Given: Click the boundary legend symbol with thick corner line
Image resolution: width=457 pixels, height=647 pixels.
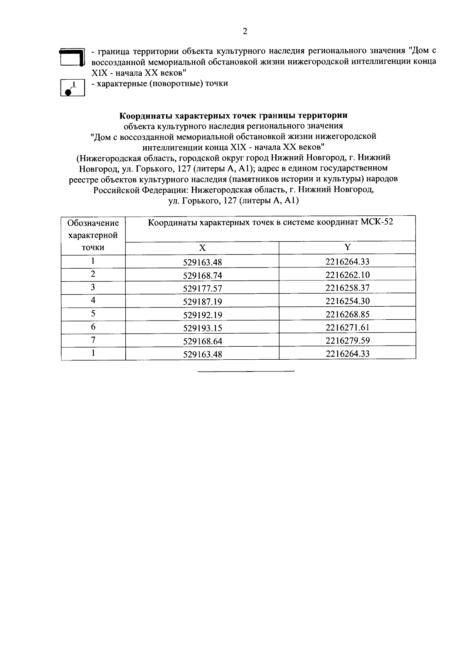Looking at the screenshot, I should click(x=72, y=57).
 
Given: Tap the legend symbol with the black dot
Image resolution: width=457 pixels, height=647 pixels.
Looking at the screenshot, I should click(x=72, y=88).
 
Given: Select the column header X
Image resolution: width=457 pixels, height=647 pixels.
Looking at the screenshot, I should click(x=202, y=248).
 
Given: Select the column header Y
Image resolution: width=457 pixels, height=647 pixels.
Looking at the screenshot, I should click(x=347, y=247).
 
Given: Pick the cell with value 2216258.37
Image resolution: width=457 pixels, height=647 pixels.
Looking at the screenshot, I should click(x=347, y=288).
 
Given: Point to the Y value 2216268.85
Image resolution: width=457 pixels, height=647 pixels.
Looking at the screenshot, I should click(x=347, y=314).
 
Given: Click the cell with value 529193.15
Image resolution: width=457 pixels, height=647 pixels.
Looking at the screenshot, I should click(x=202, y=328).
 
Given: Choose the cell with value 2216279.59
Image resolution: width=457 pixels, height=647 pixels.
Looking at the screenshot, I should click(x=347, y=340).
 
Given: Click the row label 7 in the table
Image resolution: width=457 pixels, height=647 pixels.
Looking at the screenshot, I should click(x=93, y=340).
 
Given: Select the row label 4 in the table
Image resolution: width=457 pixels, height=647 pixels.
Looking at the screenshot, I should click(x=93, y=301).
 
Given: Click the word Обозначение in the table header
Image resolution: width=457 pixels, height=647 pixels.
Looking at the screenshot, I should click(x=93, y=223).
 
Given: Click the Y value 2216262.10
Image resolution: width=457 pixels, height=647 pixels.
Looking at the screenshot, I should click(x=347, y=275).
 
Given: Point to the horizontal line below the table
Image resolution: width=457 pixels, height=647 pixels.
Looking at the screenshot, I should click(x=246, y=371).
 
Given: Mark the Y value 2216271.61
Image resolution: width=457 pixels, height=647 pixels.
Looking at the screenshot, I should click(x=347, y=327).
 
